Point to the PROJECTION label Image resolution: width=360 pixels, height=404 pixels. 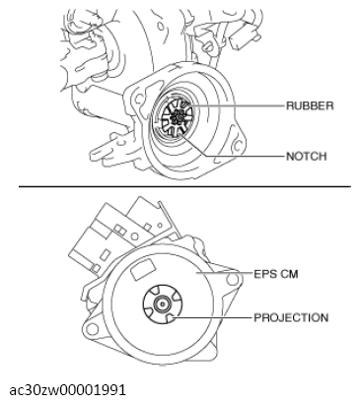291,317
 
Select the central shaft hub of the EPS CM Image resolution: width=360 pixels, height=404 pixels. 160,306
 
